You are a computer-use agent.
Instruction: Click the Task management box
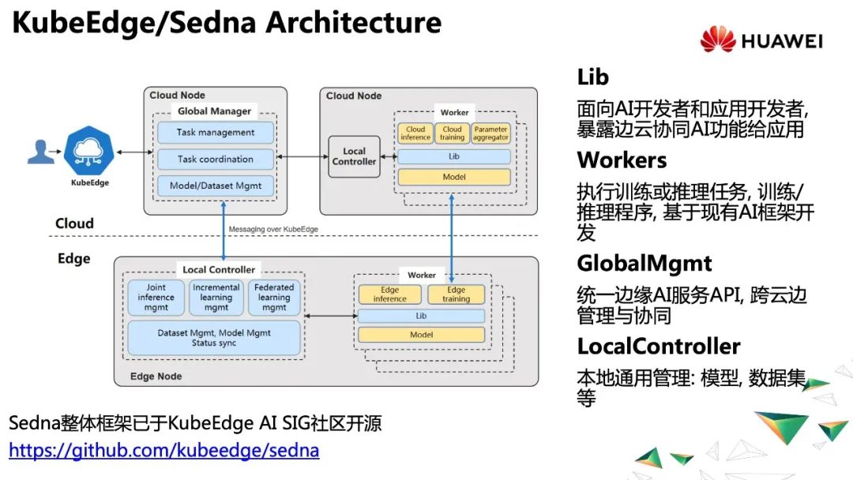coord(216,133)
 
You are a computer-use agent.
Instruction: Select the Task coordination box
coord(216,159)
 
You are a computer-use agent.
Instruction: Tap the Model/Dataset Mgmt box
coord(216,186)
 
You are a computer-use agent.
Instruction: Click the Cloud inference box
coord(415,133)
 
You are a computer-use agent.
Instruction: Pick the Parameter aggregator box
coord(491,133)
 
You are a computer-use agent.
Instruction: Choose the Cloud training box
coord(453,133)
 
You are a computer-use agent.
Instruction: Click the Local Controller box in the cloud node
coord(354,156)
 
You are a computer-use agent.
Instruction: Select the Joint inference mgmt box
coord(156,298)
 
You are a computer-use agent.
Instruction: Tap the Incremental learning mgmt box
coord(216,298)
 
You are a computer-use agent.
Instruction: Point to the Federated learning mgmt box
coord(274,298)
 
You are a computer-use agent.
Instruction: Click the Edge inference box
coord(390,294)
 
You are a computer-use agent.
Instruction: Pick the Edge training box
coord(456,294)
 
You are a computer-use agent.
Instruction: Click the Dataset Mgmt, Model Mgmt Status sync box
coord(214,338)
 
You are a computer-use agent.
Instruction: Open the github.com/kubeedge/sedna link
coord(164,452)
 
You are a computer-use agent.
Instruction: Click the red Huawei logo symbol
coord(717,39)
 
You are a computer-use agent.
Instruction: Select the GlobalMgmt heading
coord(644,263)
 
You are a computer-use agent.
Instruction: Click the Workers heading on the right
coord(622,160)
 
